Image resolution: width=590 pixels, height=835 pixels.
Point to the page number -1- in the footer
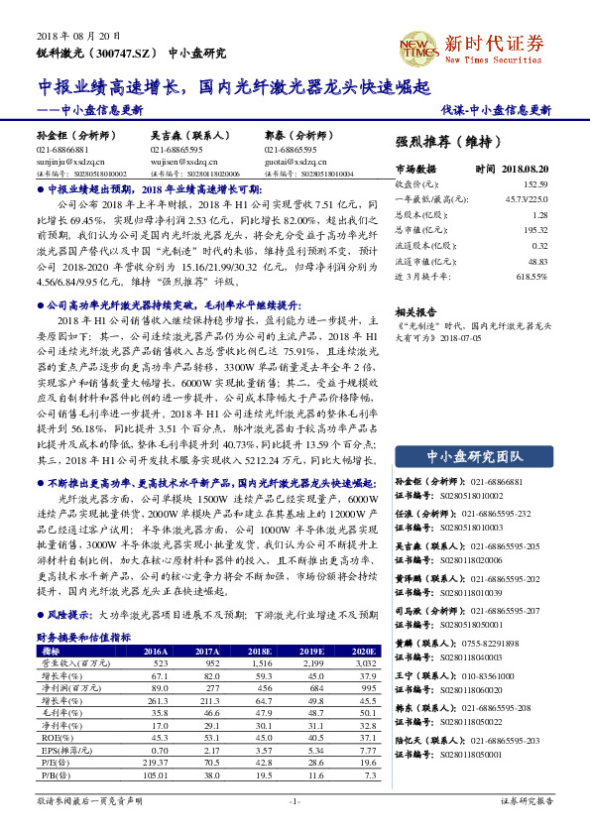click(294, 799)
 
